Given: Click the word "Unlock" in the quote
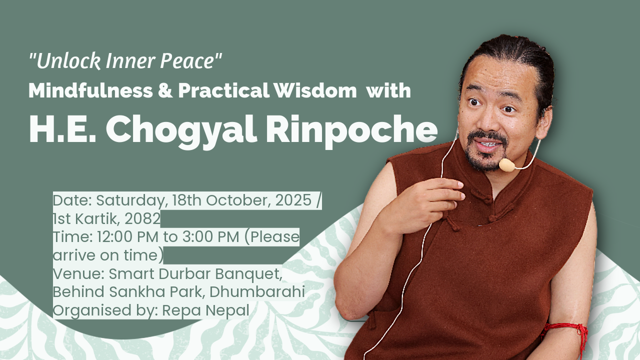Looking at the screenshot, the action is point(68,61).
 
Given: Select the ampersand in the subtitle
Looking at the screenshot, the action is point(165,90).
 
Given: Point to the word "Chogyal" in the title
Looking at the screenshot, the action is point(181,130).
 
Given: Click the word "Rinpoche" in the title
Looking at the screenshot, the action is point(351,130).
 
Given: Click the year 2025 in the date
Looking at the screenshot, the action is point(293,200).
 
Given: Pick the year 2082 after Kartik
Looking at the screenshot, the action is point(142,219).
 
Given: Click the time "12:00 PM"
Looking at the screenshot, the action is point(127,237).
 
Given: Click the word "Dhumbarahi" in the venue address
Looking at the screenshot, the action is point(257,292).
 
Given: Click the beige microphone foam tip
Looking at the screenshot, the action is point(507,165).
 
